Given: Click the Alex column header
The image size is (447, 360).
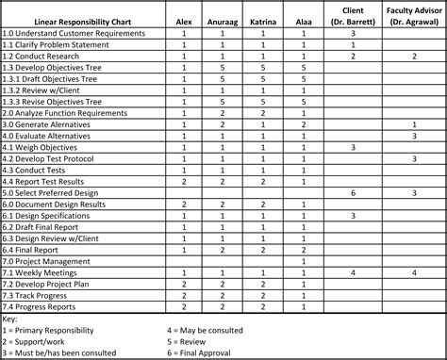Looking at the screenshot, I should click(x=184, y=21).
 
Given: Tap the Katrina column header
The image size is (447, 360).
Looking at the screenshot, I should click(x=265, y=21).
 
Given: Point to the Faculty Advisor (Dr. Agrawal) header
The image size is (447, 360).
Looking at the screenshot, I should click(x=413, y=16).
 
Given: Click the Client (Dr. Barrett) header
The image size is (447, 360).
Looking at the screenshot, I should click(x=353, y=16).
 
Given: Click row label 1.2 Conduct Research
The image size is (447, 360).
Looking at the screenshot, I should click(x=41, y=57).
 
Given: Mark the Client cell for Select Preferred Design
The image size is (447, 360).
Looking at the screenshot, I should click(x=353, y=192).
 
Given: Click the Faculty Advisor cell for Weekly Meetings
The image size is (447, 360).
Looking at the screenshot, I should click(x=413, y=271).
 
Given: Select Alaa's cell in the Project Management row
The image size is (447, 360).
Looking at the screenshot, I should click(x=304, y=260).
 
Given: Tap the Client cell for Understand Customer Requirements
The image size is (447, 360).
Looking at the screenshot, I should click(x=353, y=34).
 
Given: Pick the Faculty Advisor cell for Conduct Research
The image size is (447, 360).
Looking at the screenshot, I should click(x=413, y=57).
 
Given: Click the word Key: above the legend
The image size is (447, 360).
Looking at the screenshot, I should click(x=11, y=318).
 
